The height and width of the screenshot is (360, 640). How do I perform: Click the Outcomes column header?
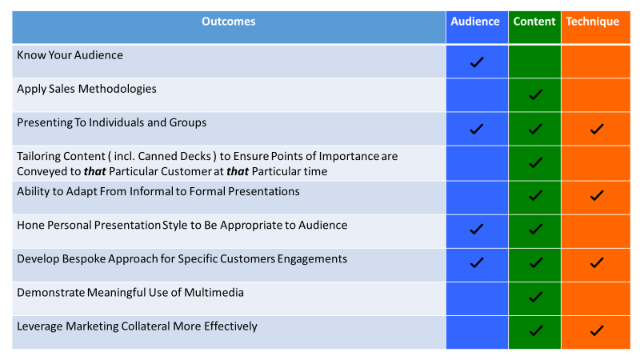click(229, 22)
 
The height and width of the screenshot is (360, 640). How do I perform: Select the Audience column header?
click(475, 22)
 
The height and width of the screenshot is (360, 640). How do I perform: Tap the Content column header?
click(534, 22)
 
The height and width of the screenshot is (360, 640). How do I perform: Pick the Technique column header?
click(593, 22)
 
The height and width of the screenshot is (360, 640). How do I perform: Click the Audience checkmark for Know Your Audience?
click(477, 62)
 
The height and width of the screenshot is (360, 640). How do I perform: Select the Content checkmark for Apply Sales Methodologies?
click(535, 94)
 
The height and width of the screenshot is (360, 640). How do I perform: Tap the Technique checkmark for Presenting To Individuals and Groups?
click(597, 130)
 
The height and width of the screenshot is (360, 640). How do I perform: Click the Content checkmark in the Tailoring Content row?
click(535, 163)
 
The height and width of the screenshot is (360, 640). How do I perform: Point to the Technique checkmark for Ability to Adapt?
click(597, 196)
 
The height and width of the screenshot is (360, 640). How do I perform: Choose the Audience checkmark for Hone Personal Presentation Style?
click(477, 230)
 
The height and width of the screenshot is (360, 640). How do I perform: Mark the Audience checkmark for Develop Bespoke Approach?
click(477, 263)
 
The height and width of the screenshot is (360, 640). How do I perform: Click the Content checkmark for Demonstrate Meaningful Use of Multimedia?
click(535, 297)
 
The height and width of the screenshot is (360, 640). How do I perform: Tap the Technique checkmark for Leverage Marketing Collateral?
click(597, 330)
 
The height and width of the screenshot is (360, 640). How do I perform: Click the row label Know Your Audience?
click(70, 55)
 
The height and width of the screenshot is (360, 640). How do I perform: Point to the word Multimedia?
click(214, 293)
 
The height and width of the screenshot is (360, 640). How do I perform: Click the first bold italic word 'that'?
click(94, 171)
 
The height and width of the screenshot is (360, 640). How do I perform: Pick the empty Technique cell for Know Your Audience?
click(596, 62)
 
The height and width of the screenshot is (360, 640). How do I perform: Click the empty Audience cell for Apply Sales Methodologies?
click(477, 94)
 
